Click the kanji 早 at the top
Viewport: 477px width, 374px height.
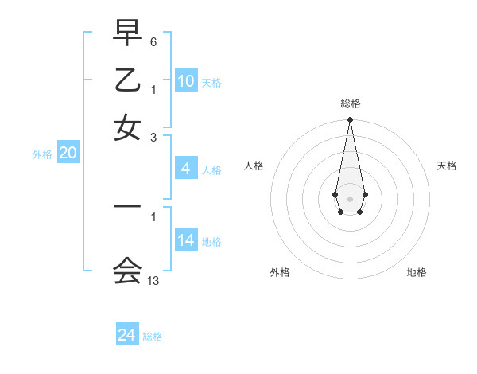(127, 34)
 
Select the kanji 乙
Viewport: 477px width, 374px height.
(127, 81)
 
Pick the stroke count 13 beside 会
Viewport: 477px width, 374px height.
(153, 281)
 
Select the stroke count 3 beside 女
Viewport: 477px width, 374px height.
(153, 137)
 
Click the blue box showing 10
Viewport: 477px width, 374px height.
(186, 81)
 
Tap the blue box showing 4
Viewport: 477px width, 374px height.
(185, 169)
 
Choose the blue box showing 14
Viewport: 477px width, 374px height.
(186, 240)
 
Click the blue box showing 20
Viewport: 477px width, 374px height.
(68, 154)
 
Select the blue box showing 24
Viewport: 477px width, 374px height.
(126, 335)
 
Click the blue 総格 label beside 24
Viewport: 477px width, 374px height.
(153, 337)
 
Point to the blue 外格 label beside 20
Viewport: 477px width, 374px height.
(42, 154)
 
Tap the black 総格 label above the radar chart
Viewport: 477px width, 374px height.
(350, 103)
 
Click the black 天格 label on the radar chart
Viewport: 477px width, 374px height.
(447, 166)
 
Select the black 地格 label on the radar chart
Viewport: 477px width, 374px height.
(417, 272)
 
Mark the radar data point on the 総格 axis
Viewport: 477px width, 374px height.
(350, 120)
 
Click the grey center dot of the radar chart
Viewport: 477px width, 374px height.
(350, 197)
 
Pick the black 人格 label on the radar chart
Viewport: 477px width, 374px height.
(254, 166)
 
